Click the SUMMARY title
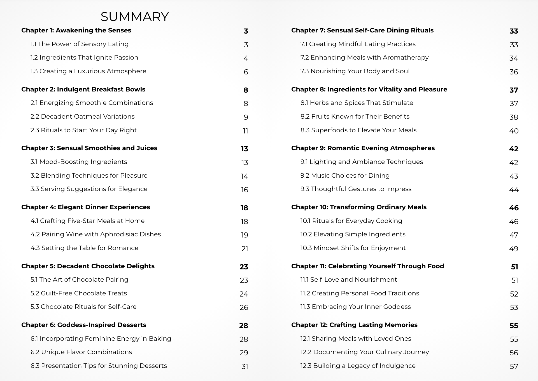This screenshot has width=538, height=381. (x=134, y=17)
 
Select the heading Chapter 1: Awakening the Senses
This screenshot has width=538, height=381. (x=76, y=30)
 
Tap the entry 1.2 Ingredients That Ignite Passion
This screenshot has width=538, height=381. (x=84, y=58)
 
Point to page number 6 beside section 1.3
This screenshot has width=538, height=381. (x=246, y=72)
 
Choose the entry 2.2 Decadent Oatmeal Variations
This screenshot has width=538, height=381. (x=82, y=117)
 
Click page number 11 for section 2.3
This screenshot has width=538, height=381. (x=245, y=131)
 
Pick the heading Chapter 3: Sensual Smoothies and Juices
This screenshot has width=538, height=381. (x=89, y=148)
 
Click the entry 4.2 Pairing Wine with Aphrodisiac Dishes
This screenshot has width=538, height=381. (x=96, y=234)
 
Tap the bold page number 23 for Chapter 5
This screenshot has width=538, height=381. (x=244, y=267)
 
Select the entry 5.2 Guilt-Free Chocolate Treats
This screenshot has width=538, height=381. (x=78, y=293)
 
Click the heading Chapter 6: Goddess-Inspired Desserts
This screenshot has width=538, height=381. (x=83, y=325)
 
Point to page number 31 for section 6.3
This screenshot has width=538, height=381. (x=244, y=366)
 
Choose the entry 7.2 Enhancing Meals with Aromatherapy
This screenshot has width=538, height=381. (x=364, y=58)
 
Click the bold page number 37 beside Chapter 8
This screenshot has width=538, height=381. (x=513, y=90)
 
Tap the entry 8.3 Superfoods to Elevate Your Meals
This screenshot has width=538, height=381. (x=358, y=130)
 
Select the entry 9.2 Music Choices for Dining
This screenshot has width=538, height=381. (x=345, y=176)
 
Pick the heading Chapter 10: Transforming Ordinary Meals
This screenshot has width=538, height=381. (x=359, y=207)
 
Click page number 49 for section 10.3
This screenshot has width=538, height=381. (x=513, y=249)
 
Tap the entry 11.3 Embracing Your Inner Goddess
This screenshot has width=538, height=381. (x=355, y=307)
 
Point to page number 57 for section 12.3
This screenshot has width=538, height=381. (x=514, y=366)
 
